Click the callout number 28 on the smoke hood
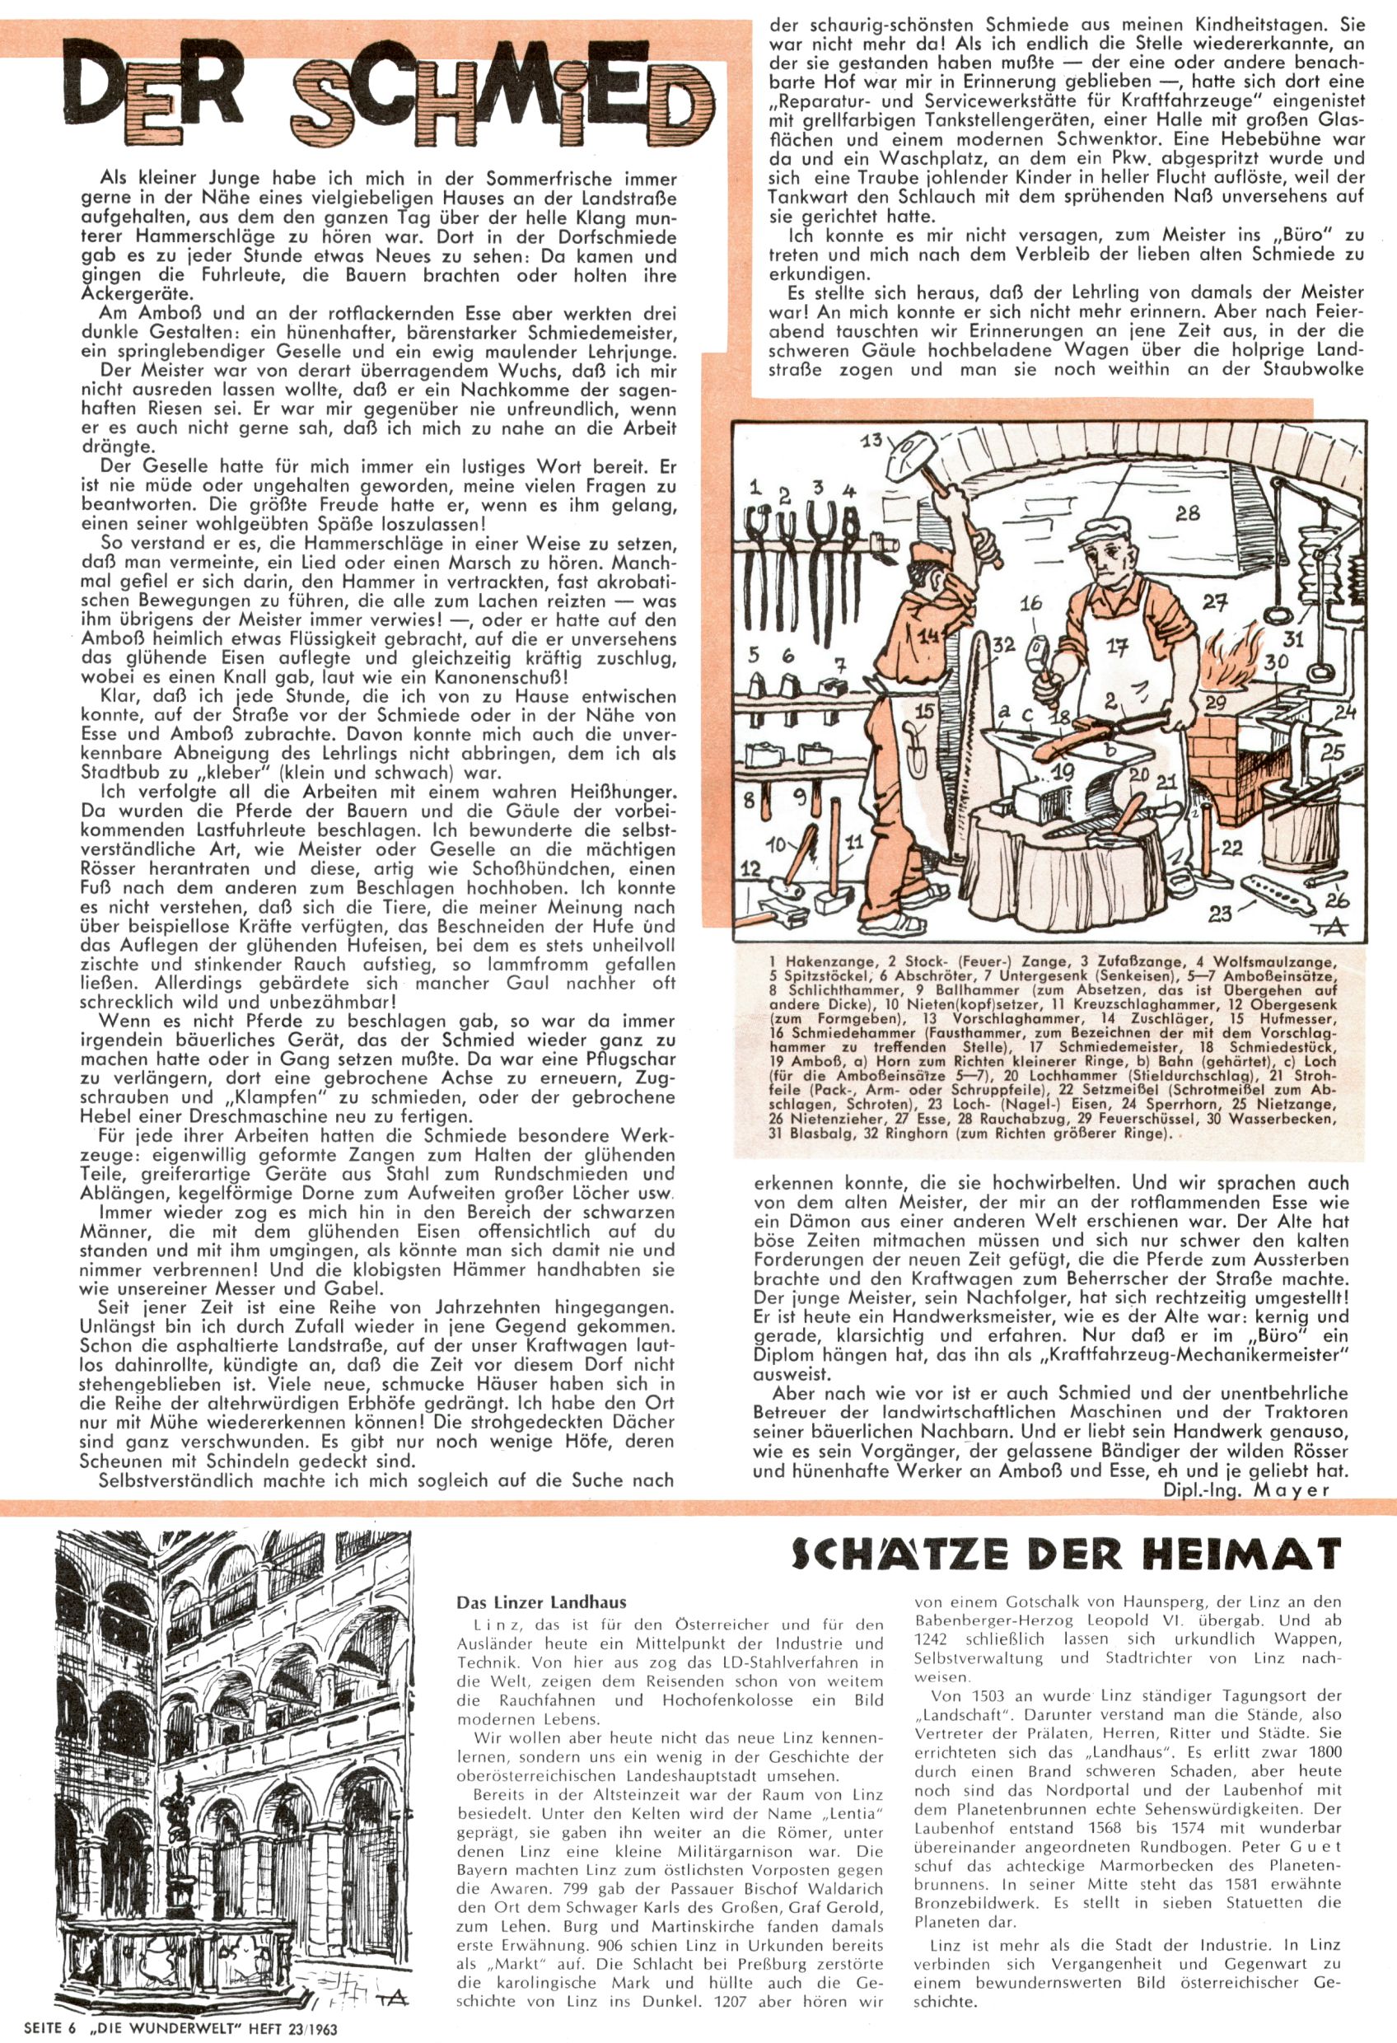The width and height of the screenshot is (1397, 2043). (1187, 512)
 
